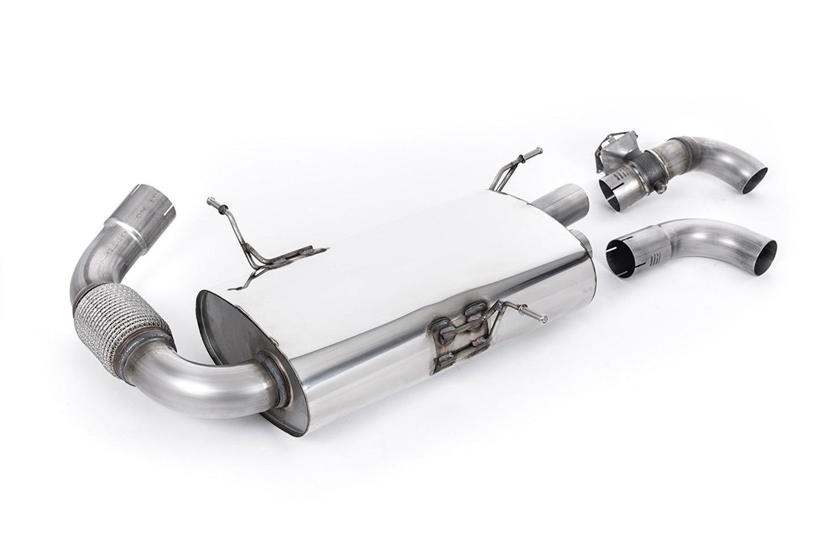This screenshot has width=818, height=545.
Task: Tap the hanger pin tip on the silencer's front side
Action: [x=543, y=321]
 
